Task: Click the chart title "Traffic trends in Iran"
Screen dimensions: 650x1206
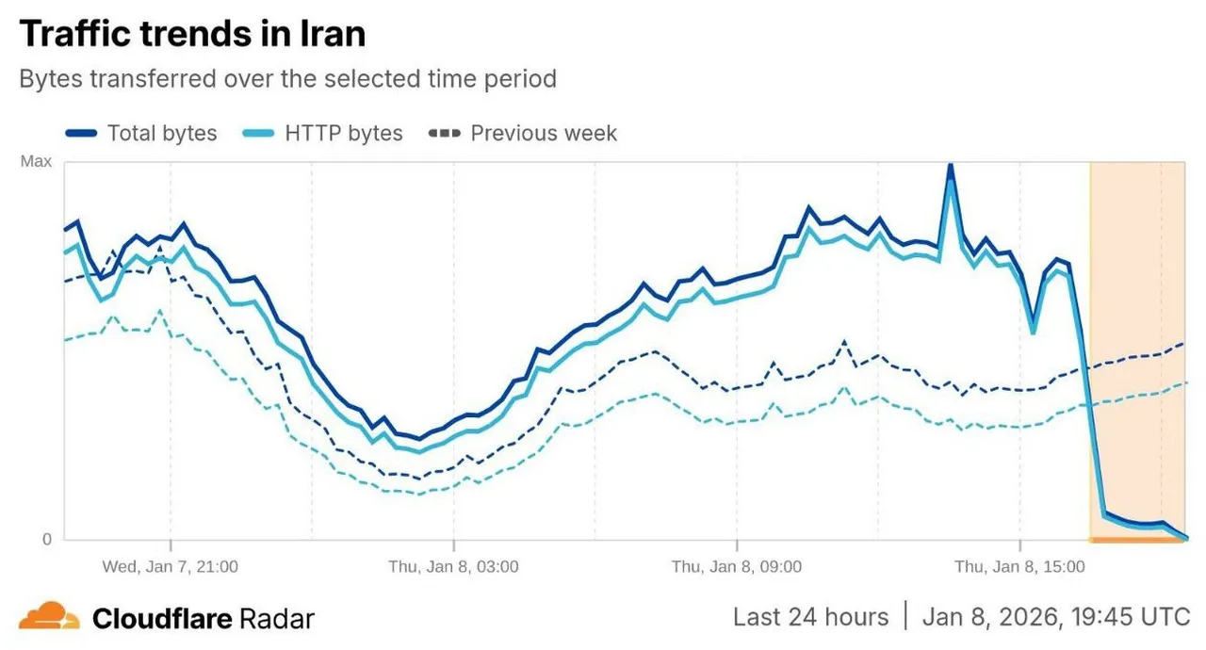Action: [192, 34]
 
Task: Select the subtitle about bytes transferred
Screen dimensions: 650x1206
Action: [287, 78]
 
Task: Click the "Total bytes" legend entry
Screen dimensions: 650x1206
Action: [162, 134]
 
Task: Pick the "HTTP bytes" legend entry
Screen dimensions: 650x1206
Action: [343, 134]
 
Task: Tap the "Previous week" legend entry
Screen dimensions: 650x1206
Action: [544, 134]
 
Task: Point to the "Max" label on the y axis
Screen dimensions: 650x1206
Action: [36, 162]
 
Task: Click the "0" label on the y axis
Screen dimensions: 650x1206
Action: [45, 540]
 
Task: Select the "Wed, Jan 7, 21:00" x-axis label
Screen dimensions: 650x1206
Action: [170, 567]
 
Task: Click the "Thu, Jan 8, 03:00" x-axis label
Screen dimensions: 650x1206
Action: [453, 567]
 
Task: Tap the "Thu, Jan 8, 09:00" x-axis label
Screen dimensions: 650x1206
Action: [736, 567]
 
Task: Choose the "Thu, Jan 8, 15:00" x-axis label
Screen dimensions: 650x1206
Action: [1019, 567]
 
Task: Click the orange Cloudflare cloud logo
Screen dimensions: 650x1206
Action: [49, 617]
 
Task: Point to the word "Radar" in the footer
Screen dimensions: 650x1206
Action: [276, 618]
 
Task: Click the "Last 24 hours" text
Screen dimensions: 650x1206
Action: [810, 617]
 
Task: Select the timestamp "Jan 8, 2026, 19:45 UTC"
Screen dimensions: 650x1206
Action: [1056, 617]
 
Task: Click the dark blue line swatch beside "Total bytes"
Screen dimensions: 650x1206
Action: [82, 134]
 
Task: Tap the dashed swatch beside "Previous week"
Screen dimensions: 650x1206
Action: [444, 134]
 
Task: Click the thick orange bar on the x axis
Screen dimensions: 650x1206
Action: [1137, 540]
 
